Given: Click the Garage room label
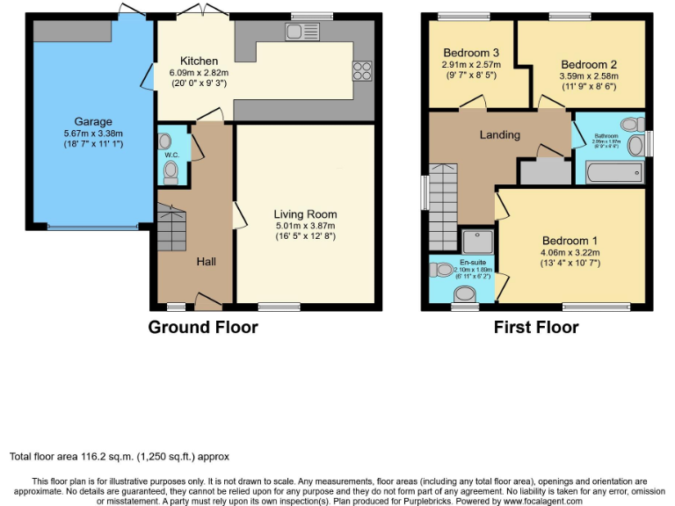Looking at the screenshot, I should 92,121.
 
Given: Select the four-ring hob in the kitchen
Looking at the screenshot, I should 361,71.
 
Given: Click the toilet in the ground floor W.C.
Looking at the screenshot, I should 171,171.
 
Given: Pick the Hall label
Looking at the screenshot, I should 206,261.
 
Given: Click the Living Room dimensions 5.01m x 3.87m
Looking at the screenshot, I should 305,225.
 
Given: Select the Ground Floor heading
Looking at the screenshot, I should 203,328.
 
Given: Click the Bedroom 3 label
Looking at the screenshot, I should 470,51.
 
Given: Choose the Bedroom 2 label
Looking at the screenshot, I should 588,64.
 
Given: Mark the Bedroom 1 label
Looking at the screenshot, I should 570,241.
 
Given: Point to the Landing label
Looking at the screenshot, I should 499,134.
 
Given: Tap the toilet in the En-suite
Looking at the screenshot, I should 463,293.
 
